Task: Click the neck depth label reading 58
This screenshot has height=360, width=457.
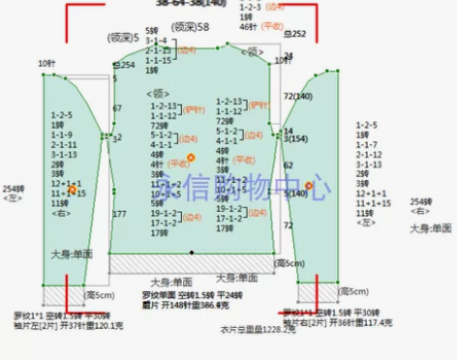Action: pos(190,28)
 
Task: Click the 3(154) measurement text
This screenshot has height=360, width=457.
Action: pos(295,139)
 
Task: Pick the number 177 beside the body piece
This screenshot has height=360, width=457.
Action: pos(120,214)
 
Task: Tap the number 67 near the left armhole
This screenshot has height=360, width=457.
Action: pos(117,108)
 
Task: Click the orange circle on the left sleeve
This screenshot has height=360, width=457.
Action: pos(73,192)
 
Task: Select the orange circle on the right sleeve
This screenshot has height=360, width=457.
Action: pos(309,185)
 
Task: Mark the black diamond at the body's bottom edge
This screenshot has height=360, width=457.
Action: pos(192,253)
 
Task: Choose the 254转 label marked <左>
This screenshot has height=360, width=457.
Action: pos(13,194)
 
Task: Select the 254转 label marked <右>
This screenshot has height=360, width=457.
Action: pos(421,205)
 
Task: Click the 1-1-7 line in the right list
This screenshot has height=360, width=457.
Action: pos(369,145)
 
